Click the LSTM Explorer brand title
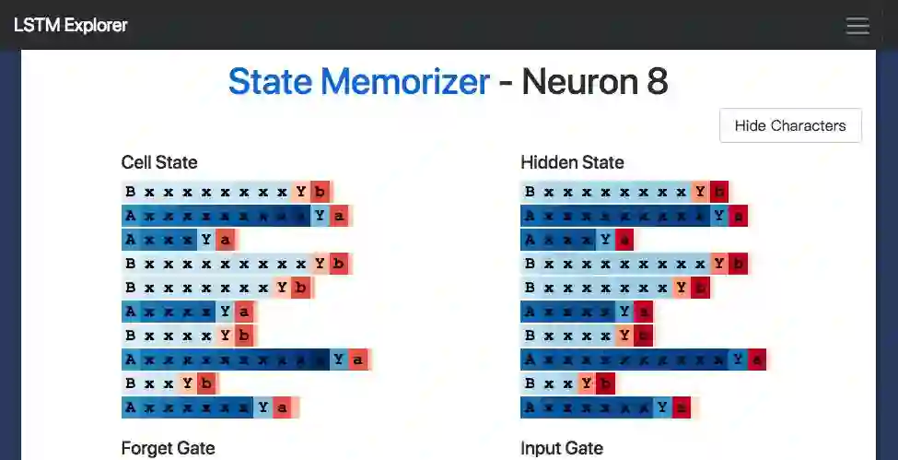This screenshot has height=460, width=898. (70, 25)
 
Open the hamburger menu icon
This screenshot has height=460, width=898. (857, 26)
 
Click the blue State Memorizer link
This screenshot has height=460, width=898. (358, 82)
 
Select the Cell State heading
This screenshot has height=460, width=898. (159, 162)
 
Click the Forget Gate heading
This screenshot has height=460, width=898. (168, 448)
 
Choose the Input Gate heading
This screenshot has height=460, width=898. (562, 448)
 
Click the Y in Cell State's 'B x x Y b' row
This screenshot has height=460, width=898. (187, 383)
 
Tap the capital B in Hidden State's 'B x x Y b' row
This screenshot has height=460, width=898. (530, 383)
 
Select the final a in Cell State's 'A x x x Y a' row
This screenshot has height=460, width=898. (225, 240)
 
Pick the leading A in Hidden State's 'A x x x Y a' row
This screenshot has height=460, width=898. (530, 240)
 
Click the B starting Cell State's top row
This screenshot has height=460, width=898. (131, 192)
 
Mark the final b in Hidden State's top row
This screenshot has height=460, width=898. (718, 192)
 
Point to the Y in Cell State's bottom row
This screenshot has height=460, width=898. (263, 407)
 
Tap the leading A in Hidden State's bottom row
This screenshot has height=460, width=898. (530, 407)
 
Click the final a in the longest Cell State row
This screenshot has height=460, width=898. (357, 359)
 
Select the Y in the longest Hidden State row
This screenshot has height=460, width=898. (738, 359)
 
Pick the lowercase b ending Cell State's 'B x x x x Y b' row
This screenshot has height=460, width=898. (244, 335)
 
